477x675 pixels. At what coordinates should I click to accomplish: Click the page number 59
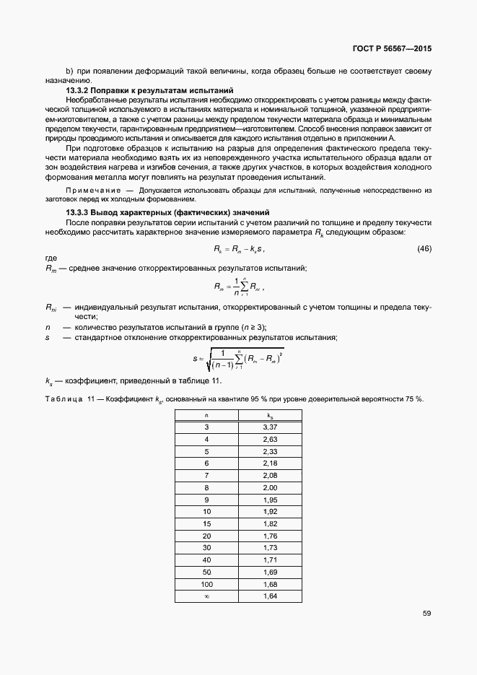click(426, 614)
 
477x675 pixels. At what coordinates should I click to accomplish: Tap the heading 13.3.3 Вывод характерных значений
click(167, 212)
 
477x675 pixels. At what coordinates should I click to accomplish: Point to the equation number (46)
click(424, 248)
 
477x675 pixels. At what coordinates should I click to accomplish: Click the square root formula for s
click(237, 357)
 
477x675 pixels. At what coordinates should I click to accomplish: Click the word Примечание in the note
click(90, 190)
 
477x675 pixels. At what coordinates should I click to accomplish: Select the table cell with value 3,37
click(269, 427)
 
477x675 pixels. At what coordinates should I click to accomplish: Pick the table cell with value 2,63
click(269, 439)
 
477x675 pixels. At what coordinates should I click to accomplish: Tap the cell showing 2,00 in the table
click(269, 488)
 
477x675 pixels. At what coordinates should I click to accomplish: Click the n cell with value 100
click(206, 583)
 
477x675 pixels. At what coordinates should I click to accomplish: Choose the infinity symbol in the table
click(206, 596)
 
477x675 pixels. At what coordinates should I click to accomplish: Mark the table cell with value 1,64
click(269, 596)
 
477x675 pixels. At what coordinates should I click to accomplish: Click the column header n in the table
click(206, 415)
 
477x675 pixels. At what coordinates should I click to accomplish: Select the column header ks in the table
click(269, 416)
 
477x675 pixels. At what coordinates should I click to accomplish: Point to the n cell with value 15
click(206, 523)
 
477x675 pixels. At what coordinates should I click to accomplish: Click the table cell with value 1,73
click(269, 547)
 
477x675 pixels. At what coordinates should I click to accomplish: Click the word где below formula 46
click(51, 258)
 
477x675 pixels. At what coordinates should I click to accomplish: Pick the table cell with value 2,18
click(269, 463)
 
